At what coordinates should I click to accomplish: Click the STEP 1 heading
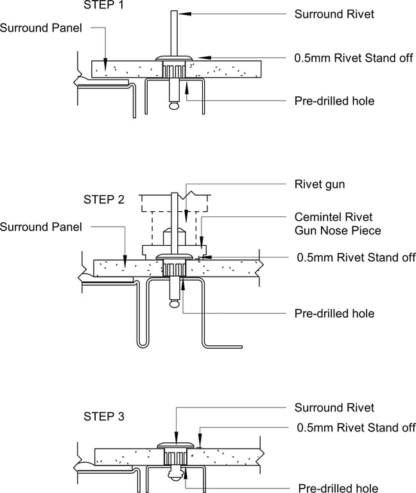point(104,6)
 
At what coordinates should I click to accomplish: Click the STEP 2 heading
point(104,200)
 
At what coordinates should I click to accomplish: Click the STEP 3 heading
point(104,417)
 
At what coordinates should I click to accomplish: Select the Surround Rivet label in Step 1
point(334,13)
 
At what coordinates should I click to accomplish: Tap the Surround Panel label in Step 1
point(41,28)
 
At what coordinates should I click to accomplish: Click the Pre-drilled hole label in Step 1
point(334,101)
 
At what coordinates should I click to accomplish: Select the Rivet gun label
point(320,185)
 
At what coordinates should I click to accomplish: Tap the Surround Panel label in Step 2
point(41,227)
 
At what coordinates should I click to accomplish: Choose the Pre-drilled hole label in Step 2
point(334,314)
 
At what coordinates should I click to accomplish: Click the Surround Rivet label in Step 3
point(334,408)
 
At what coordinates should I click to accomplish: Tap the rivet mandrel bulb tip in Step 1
point(173,107)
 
